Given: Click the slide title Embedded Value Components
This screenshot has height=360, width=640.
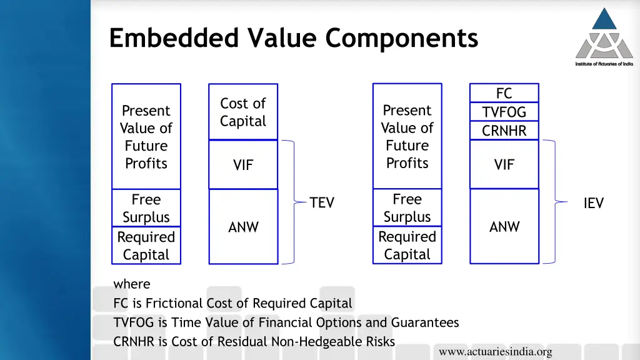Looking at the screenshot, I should coord(293,37).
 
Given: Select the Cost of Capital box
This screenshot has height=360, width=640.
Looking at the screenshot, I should coord(243,112).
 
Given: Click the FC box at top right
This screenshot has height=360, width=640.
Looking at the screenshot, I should coord(504,93).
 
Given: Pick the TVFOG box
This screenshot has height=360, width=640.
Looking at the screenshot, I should coord(504,112).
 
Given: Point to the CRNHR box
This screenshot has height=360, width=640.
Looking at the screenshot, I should coord(504,131).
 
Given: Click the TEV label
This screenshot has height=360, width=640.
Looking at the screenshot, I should coord(322,203).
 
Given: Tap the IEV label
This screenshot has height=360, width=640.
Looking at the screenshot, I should coord(593,203).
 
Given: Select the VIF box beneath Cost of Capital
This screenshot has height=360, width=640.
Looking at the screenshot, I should coord(243,165).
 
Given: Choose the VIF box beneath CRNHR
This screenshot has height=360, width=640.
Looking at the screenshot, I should coord(504,164).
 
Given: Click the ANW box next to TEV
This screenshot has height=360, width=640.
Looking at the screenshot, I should coord(243,227).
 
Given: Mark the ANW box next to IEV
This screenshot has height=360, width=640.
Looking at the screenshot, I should coord(504,226).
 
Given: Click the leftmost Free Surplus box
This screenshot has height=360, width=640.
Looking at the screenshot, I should coord(146,208).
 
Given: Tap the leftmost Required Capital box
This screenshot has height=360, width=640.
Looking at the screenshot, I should coord(146,246).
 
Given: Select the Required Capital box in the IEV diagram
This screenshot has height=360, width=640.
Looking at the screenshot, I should coord(407,245).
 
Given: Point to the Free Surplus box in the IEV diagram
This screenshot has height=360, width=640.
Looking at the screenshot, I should coord(407,207).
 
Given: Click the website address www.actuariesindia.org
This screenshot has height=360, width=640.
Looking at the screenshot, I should coord(495,352).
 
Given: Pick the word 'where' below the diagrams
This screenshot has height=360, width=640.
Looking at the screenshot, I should coord(132,284).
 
